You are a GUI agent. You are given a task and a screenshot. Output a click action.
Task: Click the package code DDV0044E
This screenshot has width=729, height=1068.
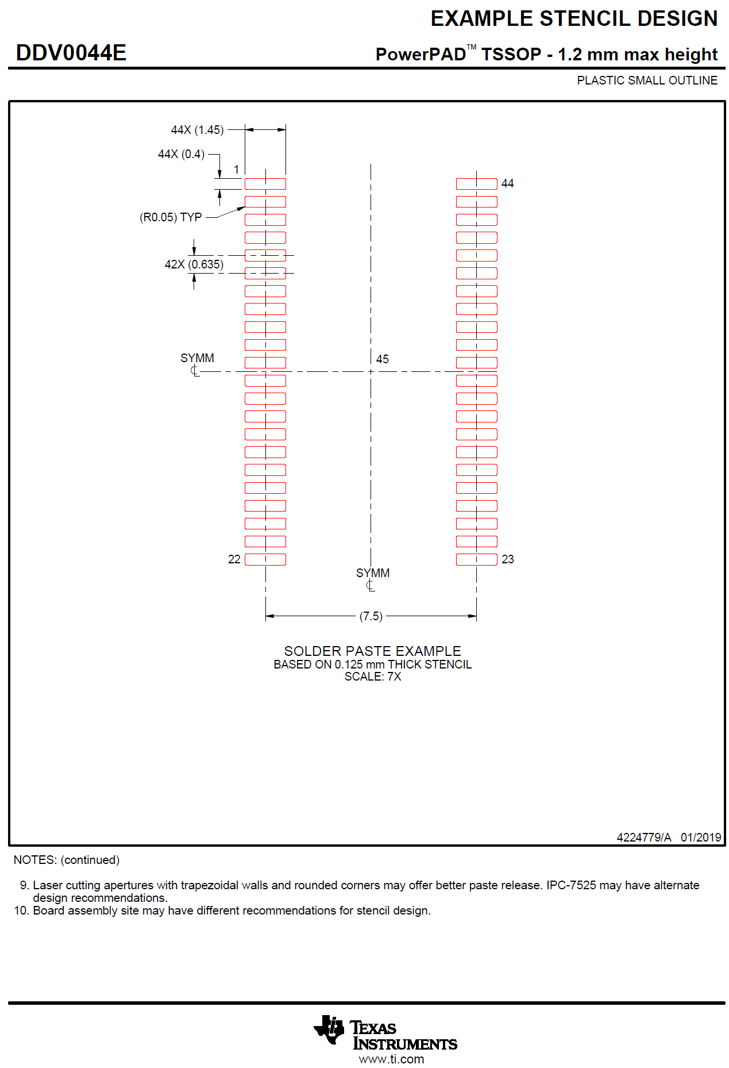pos(71,53)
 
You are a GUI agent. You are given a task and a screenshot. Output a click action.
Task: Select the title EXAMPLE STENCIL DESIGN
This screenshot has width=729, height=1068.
pos(573,19)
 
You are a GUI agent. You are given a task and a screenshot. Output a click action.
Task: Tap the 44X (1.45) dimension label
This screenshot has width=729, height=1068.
pos(197,130)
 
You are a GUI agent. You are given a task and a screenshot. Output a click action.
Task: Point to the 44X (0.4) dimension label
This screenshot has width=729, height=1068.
pos(181,154)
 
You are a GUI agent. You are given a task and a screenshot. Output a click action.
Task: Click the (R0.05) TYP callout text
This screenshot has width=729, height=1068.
pos(171,217)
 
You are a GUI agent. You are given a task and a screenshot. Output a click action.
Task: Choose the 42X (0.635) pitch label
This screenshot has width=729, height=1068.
pos(194,264)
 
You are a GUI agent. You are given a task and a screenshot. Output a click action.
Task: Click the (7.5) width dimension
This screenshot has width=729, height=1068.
pos(371,616)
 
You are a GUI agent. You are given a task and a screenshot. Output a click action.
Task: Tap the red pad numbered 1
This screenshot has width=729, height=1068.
pos(265,184)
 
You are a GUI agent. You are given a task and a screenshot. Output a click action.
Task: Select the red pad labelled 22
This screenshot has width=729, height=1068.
pos(265,559)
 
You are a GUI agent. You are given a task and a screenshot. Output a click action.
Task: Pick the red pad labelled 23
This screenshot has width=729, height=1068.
pos(476,559)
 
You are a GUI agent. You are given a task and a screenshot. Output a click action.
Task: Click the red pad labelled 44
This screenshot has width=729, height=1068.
pos(476,184)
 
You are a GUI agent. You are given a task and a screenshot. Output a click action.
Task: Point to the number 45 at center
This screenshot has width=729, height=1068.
pos(383,359)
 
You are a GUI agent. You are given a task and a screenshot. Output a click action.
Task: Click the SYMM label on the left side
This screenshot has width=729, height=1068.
pos(197,358)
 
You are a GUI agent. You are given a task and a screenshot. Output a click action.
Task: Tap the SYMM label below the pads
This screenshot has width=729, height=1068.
pos(373,573)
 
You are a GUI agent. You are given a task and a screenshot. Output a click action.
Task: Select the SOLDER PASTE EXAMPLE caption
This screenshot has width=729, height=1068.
pos(372,651)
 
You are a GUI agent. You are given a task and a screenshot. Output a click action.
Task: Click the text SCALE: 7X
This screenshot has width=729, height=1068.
pos(372,677)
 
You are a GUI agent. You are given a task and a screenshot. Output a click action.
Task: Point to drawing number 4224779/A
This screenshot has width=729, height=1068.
pos(643,838)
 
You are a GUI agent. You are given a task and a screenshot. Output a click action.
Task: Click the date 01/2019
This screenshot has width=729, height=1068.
pos(701,838)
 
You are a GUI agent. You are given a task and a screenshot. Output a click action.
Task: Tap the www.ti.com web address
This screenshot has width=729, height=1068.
pos(391,1059)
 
